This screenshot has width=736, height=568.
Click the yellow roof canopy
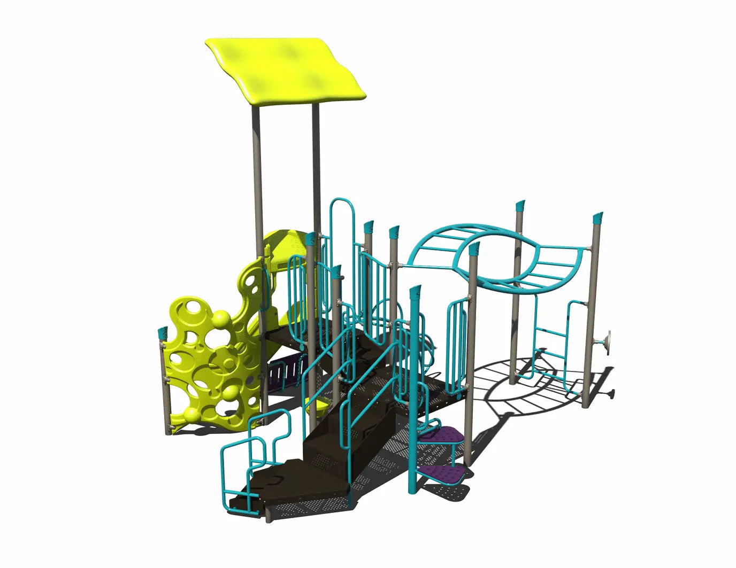[286, 67]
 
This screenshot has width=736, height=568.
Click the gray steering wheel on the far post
[608, 340]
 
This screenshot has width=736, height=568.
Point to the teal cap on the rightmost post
[598, 219]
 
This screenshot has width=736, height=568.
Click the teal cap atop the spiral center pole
[416, 292]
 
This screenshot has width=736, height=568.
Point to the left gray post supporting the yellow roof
[257, 176]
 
